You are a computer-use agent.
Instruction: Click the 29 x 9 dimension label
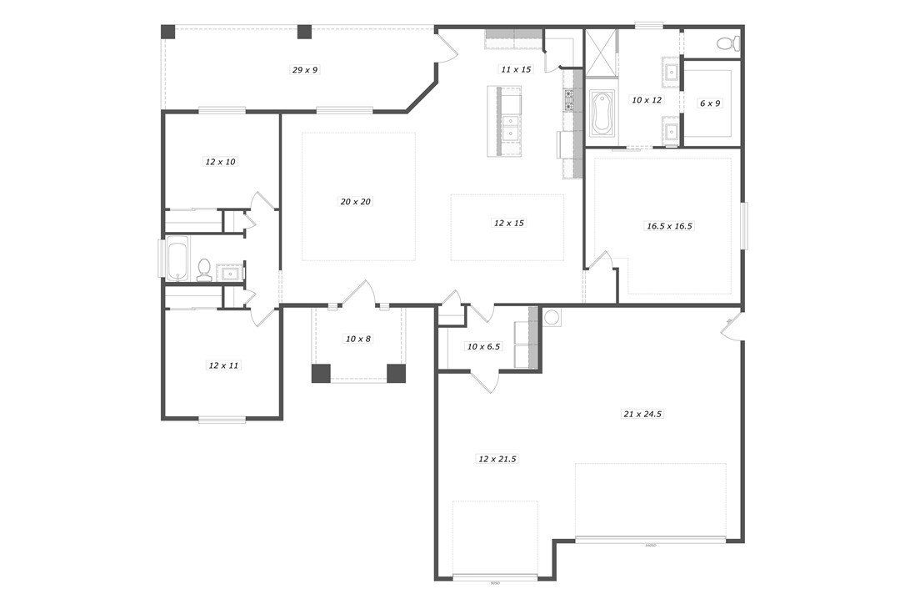305,70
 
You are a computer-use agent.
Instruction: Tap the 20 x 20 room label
355,202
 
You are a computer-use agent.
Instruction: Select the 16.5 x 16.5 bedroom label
670,225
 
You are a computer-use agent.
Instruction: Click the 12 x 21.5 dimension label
497,459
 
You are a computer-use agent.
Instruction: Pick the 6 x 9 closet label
709,103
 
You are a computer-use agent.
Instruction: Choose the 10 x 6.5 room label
483,346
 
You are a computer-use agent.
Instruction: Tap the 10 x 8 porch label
358,339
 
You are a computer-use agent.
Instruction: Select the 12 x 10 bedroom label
220,162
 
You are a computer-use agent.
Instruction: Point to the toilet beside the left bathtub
204,269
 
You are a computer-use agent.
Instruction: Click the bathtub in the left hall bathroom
177,259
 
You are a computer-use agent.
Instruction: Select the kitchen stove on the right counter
570,101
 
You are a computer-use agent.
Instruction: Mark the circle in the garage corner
551,317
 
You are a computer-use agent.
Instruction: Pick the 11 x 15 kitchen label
516,69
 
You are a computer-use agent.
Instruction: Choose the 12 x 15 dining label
508,224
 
